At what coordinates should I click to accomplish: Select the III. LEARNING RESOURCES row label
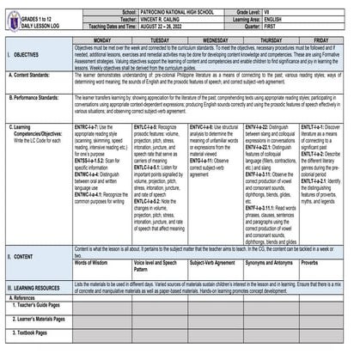[38, 287]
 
